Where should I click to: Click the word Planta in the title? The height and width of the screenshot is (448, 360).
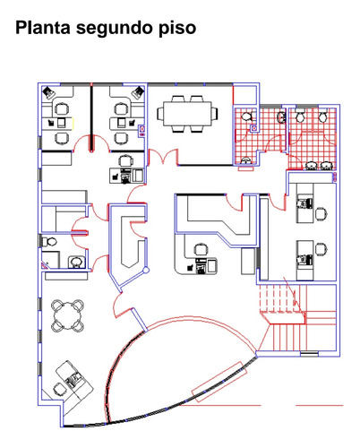pyautogui.click(x=43, y=28)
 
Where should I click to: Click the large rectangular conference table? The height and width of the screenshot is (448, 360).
pyautogui.click(x=187, y=114)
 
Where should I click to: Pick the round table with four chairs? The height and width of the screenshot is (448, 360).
pyautogui.click(x=67, y=315)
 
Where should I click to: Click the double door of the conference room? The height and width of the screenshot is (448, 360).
pyautogui.click(x=163, y=157)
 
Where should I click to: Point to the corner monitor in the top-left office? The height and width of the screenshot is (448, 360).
pyautogui.click(x=48, y=92)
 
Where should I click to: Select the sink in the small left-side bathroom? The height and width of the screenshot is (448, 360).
pyautogui.click(x=76, y=262)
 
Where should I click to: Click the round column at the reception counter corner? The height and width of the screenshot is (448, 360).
pyautogui.click(x=146, y=271)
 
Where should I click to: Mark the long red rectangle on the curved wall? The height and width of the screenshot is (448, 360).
pyautogui.click(x=219, y=382)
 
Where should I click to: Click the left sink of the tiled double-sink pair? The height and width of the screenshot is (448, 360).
pyautogui.click(x=312, y=166)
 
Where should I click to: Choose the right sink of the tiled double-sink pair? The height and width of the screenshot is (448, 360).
pyautogui.click(x=326, y=166)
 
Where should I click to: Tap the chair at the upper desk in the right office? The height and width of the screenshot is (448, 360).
pyautogui.click(x=321, y=213)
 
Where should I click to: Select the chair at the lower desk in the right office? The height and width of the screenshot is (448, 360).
pyautogui.click(x=321, y=249)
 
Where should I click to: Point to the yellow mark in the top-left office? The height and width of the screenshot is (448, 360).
pyautogui.click(x=73, y=123)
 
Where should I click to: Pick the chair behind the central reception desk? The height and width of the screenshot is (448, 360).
pyautogui.click(x=201, y=250)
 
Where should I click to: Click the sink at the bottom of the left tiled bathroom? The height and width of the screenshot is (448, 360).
pyautogui.click(x=245, y=161)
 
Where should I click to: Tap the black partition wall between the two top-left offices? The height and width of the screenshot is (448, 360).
pyautogui.click(x=91, y=117)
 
